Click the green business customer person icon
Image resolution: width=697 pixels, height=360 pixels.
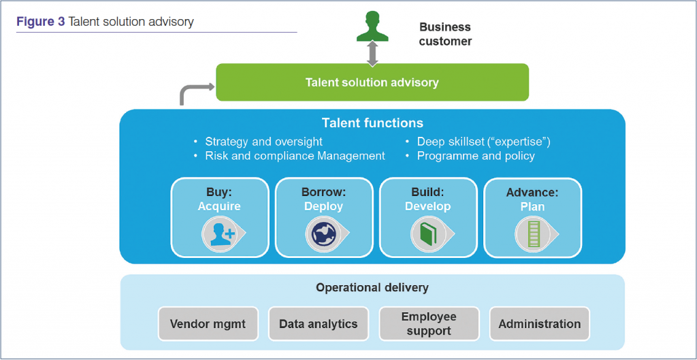coord(372,27)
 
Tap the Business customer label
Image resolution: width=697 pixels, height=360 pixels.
coord(445,34)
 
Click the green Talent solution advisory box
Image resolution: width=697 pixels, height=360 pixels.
coord(372,82)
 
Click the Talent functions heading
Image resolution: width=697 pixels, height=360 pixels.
coord(372,122)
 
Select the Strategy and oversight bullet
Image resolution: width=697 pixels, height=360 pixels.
coord(258,142)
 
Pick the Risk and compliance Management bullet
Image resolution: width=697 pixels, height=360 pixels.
coord(289,156)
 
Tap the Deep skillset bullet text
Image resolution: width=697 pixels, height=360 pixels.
coord(478,142)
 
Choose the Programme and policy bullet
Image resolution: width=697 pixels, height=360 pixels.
coord(470,156)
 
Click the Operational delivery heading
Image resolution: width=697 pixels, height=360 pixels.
coord(372,288)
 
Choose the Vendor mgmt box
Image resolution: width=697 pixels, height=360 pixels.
coord(208,323)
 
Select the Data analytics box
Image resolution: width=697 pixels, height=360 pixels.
coord(319,323)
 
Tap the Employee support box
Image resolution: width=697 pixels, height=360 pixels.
coord(429,323)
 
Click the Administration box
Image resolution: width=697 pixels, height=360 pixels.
coord(539,323)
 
